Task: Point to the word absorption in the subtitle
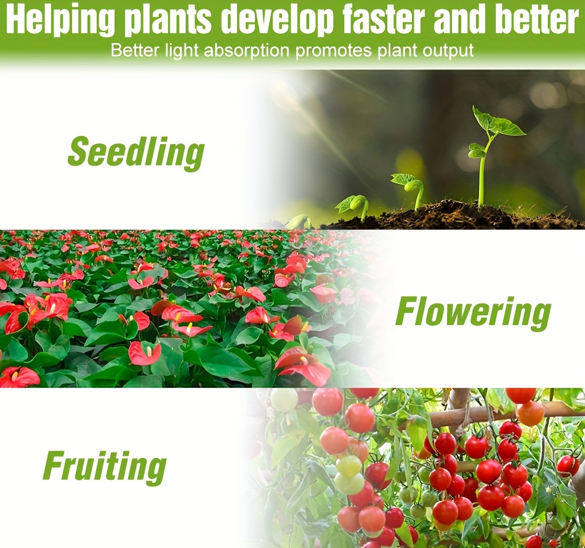point(246,50)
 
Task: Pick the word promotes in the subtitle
point(334,51)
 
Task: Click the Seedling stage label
point(136,152)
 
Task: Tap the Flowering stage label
point(473,313)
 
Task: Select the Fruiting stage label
point(105,467)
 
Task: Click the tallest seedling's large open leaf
point(498,121)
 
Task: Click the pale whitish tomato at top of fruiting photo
point(284,399)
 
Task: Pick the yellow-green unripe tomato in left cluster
point(349,465)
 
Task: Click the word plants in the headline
point(168,20)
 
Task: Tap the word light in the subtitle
point(182,51)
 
